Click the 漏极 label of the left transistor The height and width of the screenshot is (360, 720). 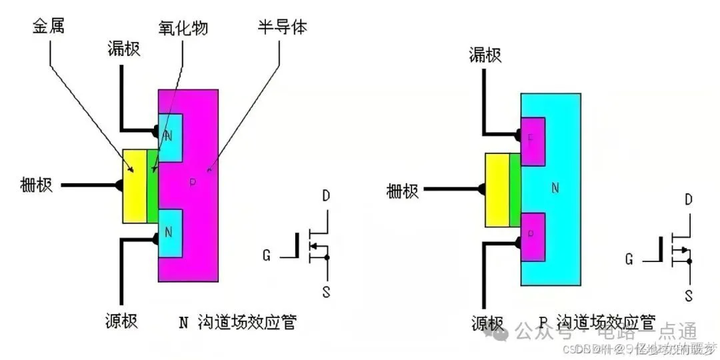coord(124,49)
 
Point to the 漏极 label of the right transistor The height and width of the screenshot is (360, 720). coord(485,55)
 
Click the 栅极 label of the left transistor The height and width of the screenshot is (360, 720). coord(37,185)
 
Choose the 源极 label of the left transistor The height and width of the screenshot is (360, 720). coord(121,321)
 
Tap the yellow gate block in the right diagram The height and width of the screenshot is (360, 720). coord(497,189)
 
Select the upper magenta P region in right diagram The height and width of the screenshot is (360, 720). coord(533,141)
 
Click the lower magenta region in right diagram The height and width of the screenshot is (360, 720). coord(533,237)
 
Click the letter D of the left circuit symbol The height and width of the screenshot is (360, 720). coord(325,196)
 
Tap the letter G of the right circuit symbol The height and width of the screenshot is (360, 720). coord(629,259)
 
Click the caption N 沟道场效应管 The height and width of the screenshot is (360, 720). coord(237,323)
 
